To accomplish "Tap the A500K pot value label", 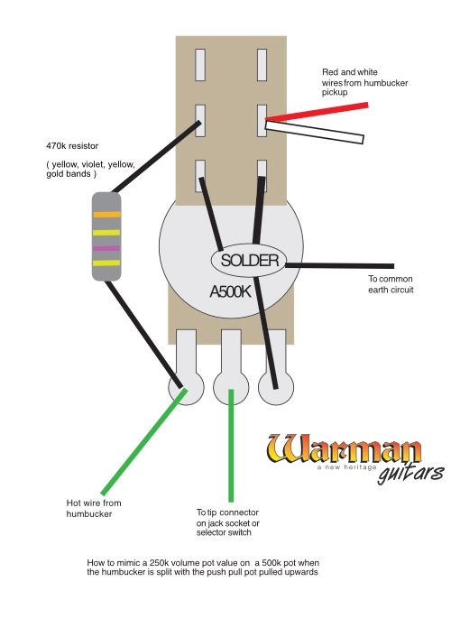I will pyautogui.click(x=230, y=292).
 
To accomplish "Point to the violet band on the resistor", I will pyautogui.click(x=106, y=247).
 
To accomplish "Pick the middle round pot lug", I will pyautogui.click(x=231, y=388).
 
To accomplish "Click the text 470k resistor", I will pyautogui.click(x=73, y=144).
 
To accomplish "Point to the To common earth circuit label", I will pyautogui.click(x=390, y=285).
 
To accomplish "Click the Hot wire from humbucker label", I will pyautogui.click(x=94, y=508).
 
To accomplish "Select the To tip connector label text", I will pyautogui.click(x=228, y=522).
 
